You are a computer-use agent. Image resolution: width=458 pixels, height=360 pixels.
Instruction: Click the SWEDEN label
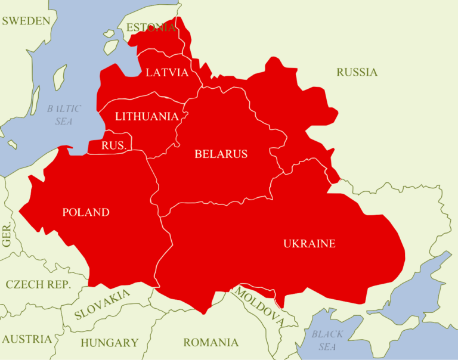[x=26, y=21]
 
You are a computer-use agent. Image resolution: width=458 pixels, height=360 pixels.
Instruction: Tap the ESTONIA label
[x=151, y=27]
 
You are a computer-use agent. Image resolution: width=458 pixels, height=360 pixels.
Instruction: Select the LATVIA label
[x=167, y=73]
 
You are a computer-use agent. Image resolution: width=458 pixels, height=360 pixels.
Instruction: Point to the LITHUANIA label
[x=147, y=116]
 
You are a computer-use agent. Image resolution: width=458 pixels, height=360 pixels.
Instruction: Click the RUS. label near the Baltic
[x=114, y=145]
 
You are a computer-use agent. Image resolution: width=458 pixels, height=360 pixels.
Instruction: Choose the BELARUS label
[x=221, y=154]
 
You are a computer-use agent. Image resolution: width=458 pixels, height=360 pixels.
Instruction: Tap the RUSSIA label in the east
[x=357, y=72]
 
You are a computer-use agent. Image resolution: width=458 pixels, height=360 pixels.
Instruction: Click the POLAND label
[x=86, y=212]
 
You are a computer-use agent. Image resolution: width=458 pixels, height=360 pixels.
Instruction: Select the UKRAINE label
[x=309, y=243]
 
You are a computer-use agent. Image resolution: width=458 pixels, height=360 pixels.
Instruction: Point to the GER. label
[x=7, y=236]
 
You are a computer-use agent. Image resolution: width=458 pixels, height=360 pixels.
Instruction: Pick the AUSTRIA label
[x=27, y=339]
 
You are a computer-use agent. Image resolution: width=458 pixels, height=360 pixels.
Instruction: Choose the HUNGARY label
[x=109, y=343]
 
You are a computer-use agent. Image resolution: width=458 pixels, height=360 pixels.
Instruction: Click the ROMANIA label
[x=211, y=343]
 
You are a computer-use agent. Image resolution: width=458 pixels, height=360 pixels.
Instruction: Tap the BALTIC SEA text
[x=64, y=115]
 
